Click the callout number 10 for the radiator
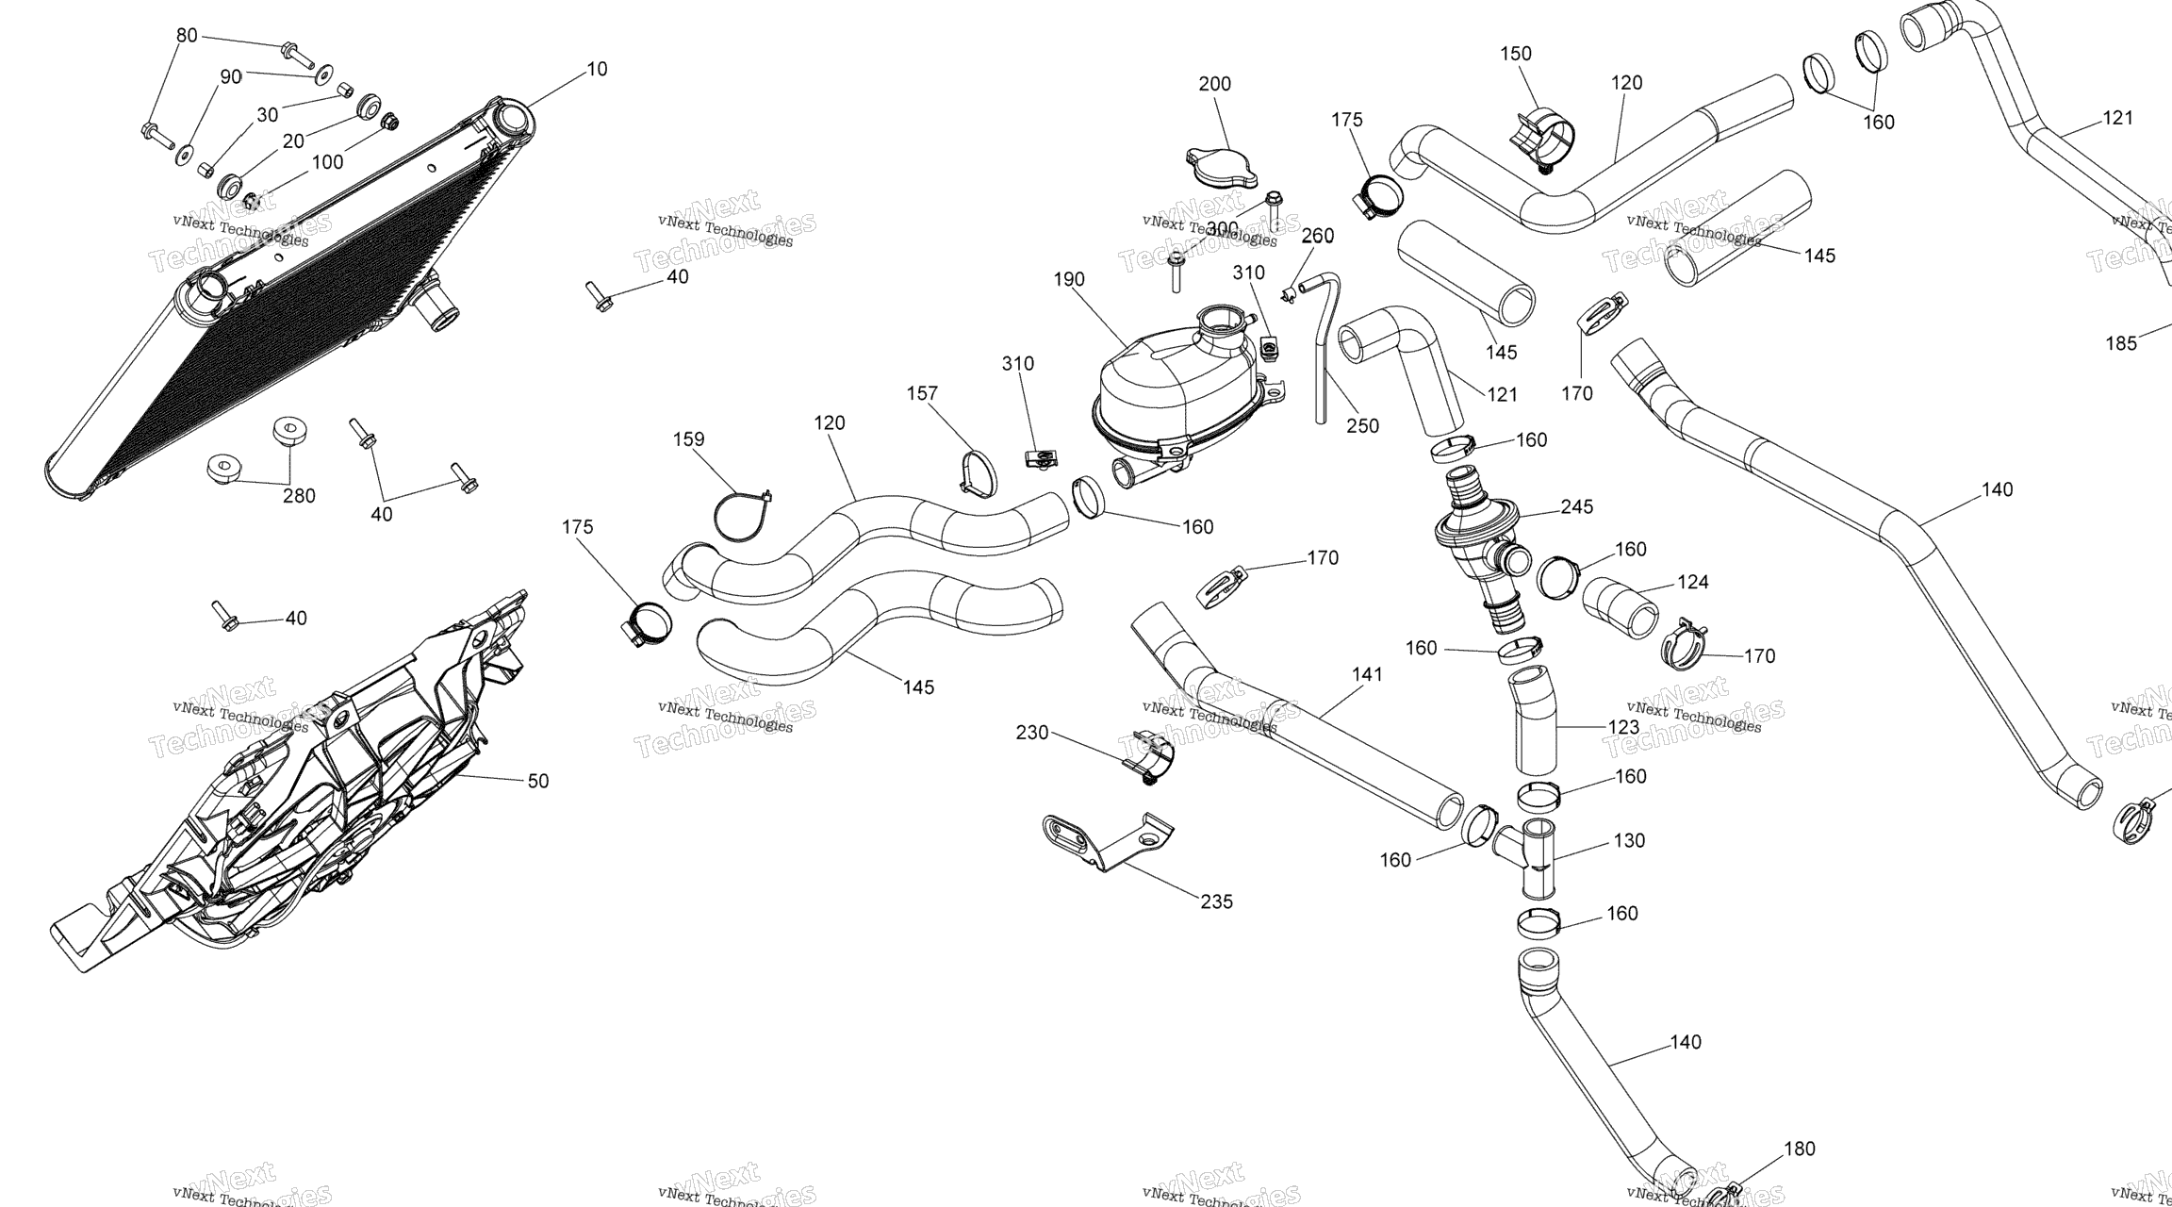597,69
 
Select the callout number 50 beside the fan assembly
537,781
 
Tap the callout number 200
1214,84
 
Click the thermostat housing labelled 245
1475,537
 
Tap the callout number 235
1216,901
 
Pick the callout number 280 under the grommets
299,496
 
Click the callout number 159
688,438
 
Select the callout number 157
922,393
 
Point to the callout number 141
1367,674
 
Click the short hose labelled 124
1620,609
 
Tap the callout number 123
1623,727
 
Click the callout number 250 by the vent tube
1362,425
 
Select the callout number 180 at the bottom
1800,1149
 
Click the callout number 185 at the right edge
2121,343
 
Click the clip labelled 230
1148,759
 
